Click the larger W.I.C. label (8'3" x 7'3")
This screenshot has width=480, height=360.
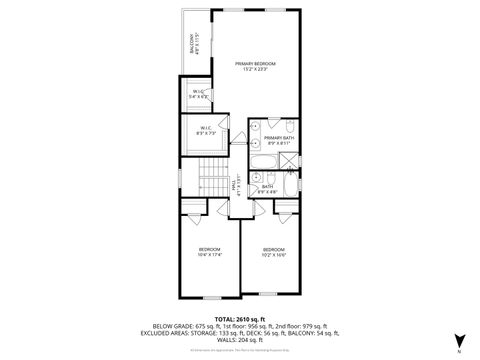tap(205, 131)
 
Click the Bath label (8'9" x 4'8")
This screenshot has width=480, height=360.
tap(268, 187)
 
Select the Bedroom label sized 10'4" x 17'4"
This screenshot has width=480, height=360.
tap(209, 251)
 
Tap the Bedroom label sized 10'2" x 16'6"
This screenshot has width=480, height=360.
tap(274, 251)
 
